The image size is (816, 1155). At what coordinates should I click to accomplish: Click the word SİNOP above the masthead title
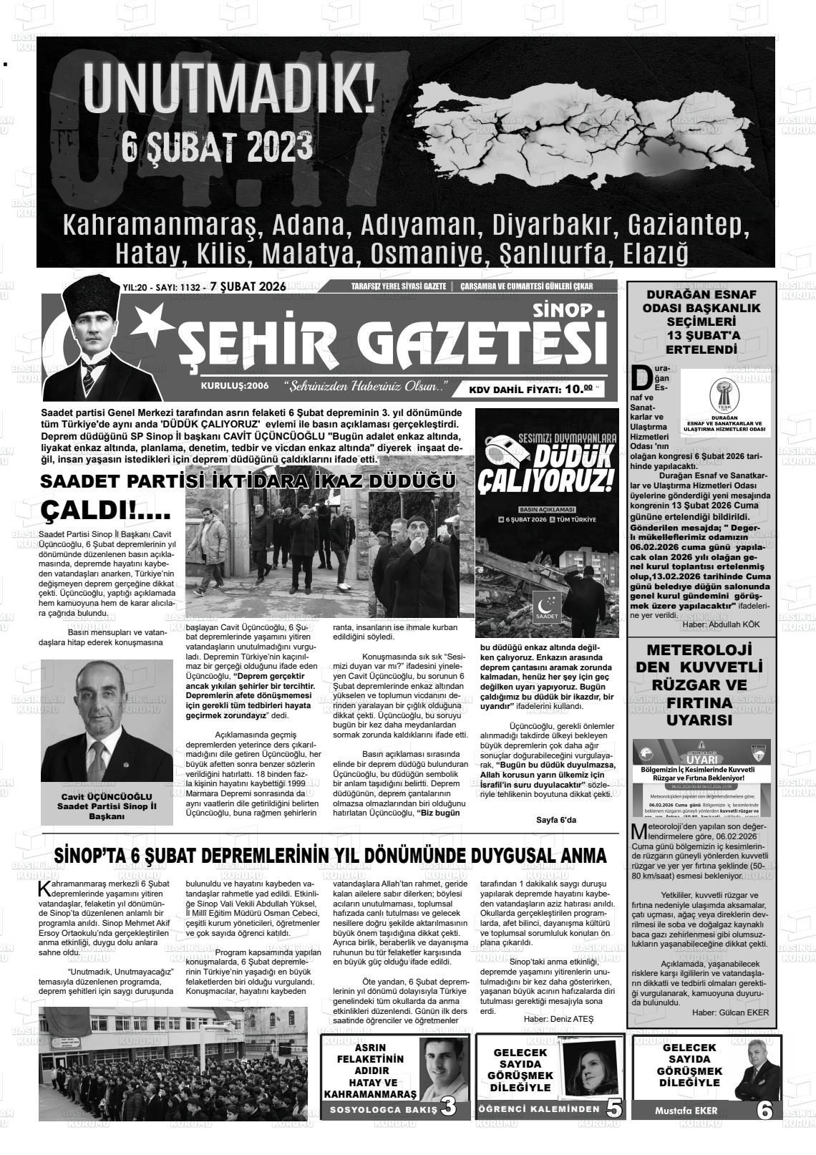pos(562,310)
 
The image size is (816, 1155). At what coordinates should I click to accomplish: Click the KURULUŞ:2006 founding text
pos(234,386)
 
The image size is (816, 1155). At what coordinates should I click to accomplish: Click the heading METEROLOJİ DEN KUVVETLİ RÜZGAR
pos(699,685)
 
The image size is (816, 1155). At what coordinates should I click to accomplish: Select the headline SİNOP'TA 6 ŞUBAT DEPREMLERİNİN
pos(331,856)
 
